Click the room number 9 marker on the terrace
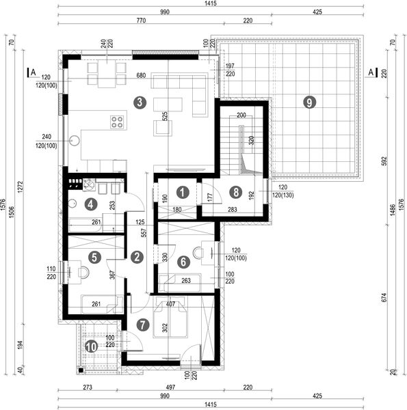tap(310, 102)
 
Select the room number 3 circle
tap(140, 103)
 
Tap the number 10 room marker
tap(91, 346)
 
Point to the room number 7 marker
tap(142, 325)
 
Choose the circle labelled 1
tap(182, 192)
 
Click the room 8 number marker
tap(235, 192)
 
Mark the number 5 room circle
tap(95, 257)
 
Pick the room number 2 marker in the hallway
tap(137, 257)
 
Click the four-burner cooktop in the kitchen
tap(117, 123)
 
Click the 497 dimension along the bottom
tap(170, 387)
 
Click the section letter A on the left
tap(32, 70)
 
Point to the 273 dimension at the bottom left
tap(87, 387)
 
